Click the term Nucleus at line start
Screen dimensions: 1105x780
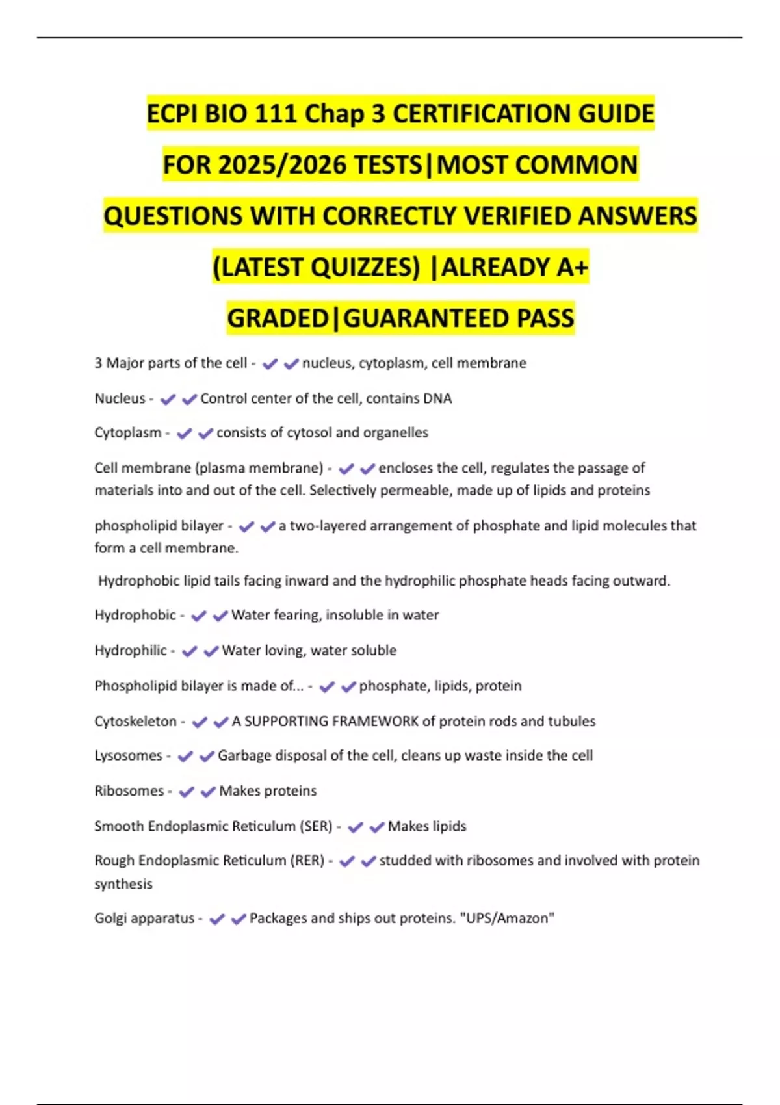120,398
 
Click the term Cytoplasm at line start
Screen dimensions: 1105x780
127,433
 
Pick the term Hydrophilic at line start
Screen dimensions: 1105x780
131,651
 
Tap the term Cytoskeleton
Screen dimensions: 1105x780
135,721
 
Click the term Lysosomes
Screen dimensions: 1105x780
128,755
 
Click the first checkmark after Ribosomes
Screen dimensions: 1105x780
187,792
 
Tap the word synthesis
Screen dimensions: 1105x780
123,884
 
